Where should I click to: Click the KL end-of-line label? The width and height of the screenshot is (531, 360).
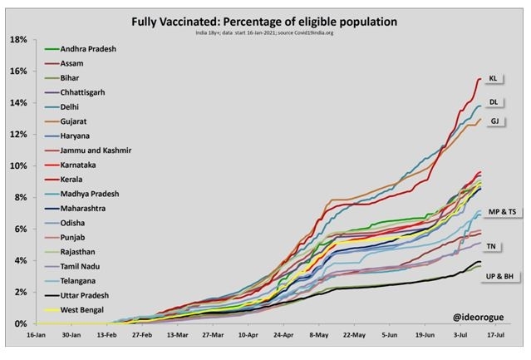[x=494, y=79]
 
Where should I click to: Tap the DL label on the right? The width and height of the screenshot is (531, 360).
[x=494, y=102]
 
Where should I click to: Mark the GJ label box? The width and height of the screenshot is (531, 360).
[x=494, y=121]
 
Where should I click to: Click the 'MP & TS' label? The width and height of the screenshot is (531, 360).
[x=499, y=213]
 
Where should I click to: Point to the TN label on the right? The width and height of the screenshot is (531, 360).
[x=492, y=246]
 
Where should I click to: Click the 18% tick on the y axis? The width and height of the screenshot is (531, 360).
[x=19, y=40]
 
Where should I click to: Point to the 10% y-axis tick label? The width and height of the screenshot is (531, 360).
[x=19, y=165]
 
